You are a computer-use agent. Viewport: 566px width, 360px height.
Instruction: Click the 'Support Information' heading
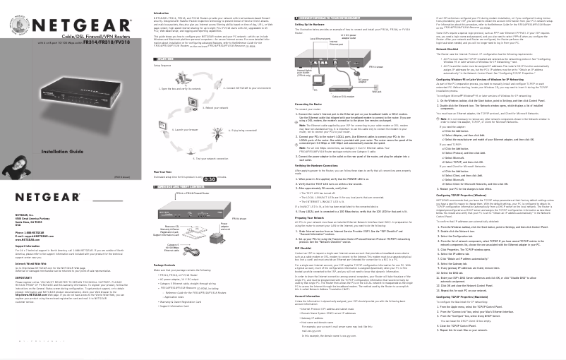[x=28, y=246]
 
